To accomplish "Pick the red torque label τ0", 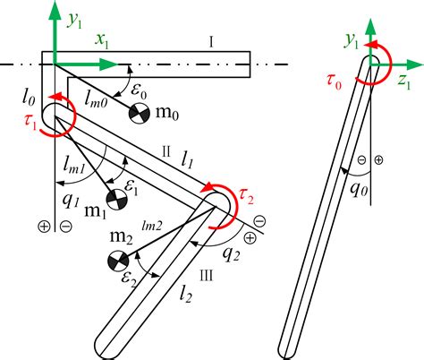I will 333,84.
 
